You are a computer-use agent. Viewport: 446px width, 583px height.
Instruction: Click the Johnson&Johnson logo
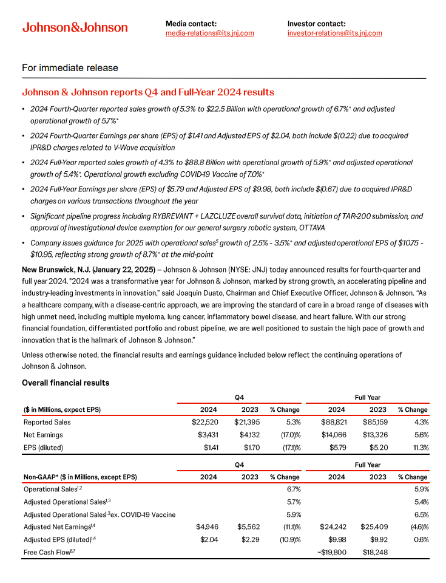click(x=75, y=27)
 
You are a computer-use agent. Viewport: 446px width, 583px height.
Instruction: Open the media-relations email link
click(x=209, y=33)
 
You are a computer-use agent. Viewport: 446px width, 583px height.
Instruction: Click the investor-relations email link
click(x=334, y=33)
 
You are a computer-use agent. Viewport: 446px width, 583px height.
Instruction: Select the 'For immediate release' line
click(x=70, y=68)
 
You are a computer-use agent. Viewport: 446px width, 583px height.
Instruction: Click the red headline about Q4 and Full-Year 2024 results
click(x=147, y=92)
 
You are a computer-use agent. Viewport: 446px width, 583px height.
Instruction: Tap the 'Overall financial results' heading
click(x=66, y=383)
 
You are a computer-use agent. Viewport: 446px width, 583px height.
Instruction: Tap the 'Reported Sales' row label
click(x=47, y=422)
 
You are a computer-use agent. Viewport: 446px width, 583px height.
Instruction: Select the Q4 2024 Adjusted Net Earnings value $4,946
click(x=208, y=527)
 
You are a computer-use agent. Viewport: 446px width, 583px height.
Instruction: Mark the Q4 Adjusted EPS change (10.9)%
click(x=288, y=539)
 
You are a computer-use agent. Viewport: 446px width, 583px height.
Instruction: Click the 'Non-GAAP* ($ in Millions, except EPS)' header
click(x=80, y=477)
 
